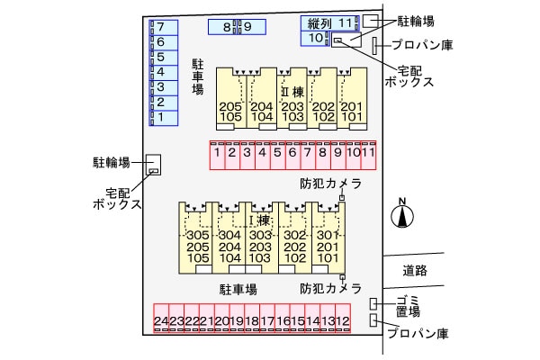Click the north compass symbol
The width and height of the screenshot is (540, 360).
point(402,215)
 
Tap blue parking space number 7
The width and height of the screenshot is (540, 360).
point(160,27)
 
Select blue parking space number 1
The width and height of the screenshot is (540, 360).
point(160,117)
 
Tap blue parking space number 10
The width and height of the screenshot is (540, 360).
point(315,38)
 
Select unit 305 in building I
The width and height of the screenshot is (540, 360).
point(197,236)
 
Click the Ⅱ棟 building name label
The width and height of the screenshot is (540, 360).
point(292,92)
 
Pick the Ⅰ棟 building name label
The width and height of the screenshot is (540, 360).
point(259,220)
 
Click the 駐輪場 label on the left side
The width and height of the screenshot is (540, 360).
point(112,163)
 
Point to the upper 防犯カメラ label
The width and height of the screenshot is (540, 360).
point(330,184)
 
